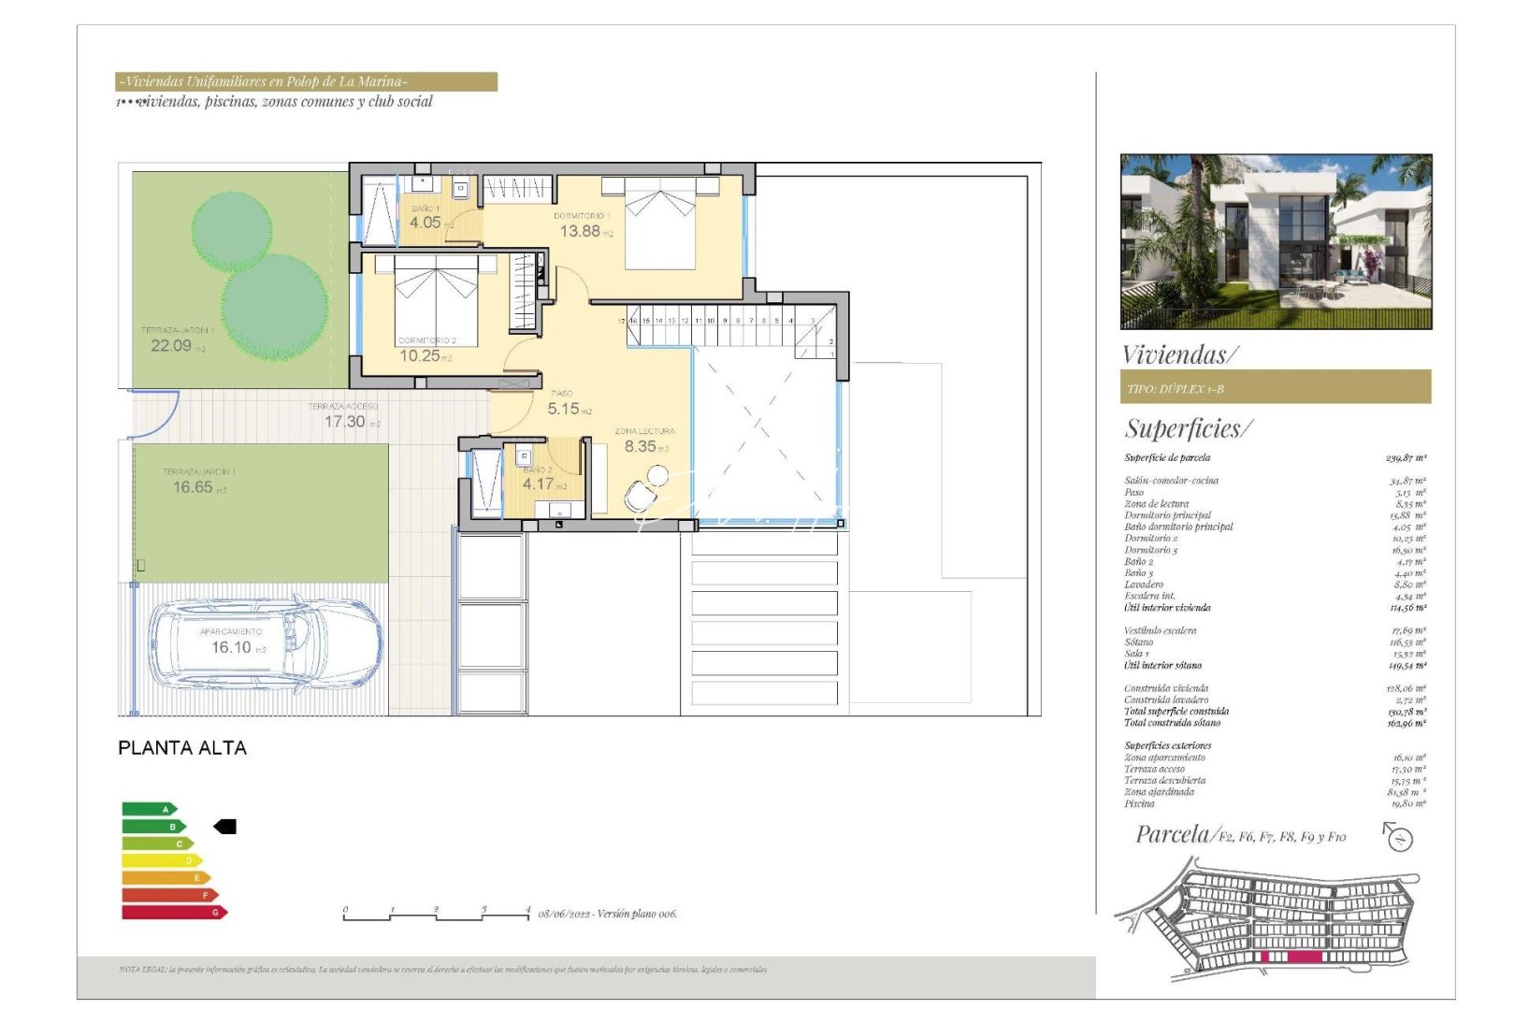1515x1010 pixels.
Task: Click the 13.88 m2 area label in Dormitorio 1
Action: click(581, 231)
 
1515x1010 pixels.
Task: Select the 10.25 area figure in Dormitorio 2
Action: click(420, 355)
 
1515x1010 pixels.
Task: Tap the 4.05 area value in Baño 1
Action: click(426, 223)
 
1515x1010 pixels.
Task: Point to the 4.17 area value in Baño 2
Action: click(539, 484)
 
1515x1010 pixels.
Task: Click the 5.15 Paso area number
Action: click(564, 409)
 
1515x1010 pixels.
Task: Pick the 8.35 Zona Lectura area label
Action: click(641, 446)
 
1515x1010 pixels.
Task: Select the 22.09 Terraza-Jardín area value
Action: click(171, 345)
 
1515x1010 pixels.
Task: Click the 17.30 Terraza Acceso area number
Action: click(345, 422)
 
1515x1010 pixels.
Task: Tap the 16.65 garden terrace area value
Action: click(193, 487)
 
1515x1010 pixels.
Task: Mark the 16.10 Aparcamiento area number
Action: click(231, 647)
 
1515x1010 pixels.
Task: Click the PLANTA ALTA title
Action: click(182, 748)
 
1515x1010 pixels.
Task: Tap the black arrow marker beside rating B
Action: click(225, 827)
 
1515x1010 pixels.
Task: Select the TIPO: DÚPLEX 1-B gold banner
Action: click(1276, 387)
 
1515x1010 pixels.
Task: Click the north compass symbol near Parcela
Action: click(1398, 837)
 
